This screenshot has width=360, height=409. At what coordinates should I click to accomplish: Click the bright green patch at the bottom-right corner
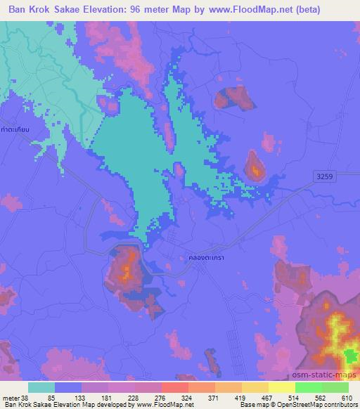click(349, 357)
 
